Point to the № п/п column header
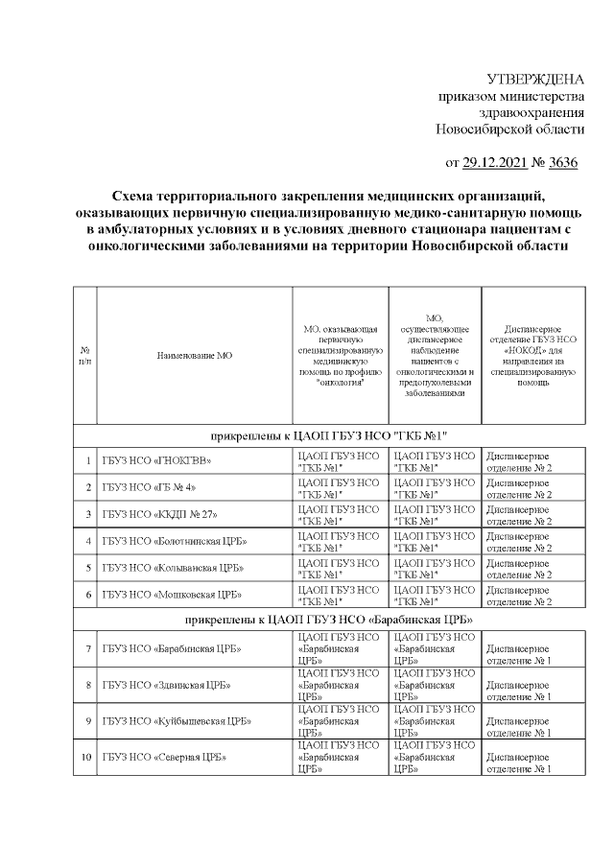[x=84, y=355]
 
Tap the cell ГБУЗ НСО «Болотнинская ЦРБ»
[x=171, y=541]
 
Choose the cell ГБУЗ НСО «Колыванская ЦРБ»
[x=169, y=568]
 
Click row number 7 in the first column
[x=87, y=649]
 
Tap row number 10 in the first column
[x=86, y=757]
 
